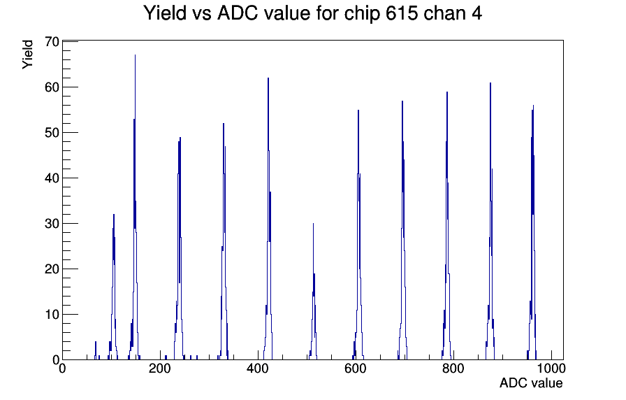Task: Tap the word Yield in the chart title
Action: [165, 13]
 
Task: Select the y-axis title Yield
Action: [27, 55]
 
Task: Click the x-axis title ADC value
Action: [531, 383]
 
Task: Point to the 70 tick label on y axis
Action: [52, 41]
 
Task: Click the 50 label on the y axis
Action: [52, 133]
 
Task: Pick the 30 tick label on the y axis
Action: [52, 223]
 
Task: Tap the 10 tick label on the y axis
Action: [52, 315]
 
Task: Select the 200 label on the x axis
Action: [160, 368]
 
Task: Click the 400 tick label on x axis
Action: [258, 368]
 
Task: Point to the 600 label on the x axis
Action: [356, 368]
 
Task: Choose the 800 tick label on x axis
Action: [453, 368]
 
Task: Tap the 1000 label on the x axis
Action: [551, 368]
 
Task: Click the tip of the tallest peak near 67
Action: [135, 55]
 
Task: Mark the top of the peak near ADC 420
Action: [268, 78]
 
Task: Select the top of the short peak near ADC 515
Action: [314, 223]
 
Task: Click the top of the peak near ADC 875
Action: [490, 83]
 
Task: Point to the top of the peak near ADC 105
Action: [114, 214]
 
